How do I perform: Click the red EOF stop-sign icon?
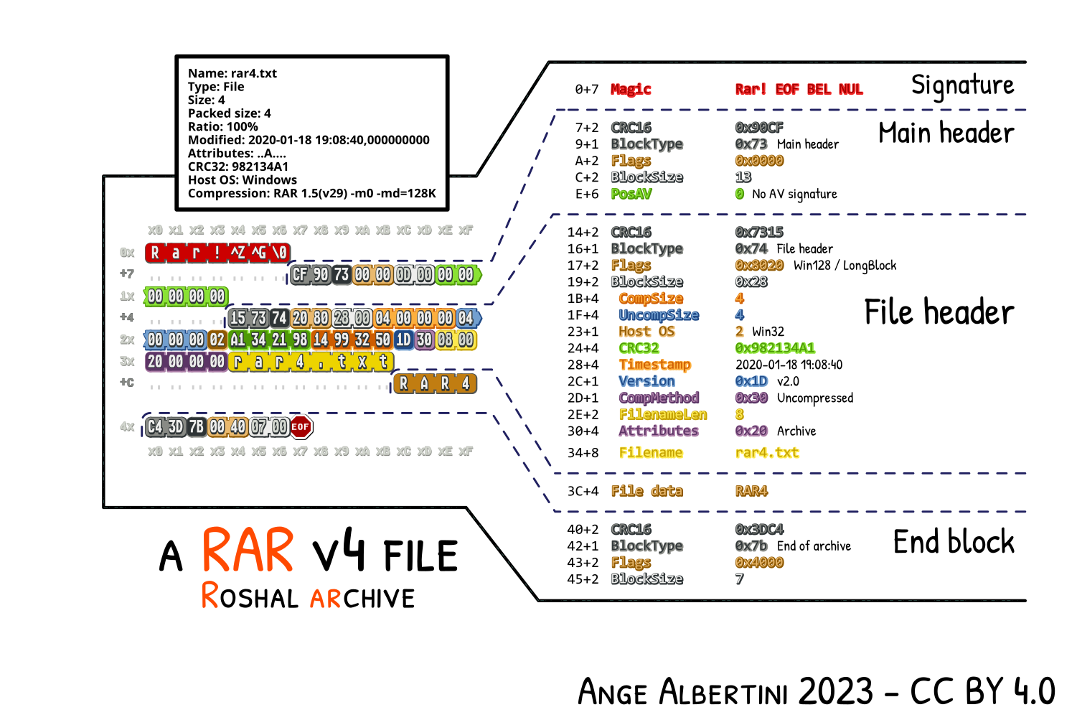(301, 427)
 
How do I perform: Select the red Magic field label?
(631, 89)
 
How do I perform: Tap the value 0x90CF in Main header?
(759, 128)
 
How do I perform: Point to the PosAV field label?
(631, 194)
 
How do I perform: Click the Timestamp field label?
(654, 365)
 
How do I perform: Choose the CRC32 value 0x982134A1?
(775, 348)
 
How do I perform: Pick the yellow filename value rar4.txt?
(767, 453)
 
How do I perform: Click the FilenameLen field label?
(663, 415)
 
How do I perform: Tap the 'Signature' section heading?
(962, 85)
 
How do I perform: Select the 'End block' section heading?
(954, 542)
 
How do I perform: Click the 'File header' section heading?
(939, 313)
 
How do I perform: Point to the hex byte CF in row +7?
(300, 274)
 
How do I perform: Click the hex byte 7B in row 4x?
(197, 427)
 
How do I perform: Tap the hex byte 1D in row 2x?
(403, 340)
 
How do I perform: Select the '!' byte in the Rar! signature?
(217, 253)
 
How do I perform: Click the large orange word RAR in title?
(248, 551)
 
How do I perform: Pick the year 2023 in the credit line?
(836, 692)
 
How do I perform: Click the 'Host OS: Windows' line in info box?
(243, 180)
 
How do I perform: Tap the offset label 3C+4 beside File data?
(583, 492)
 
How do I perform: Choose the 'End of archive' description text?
(814, 546)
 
